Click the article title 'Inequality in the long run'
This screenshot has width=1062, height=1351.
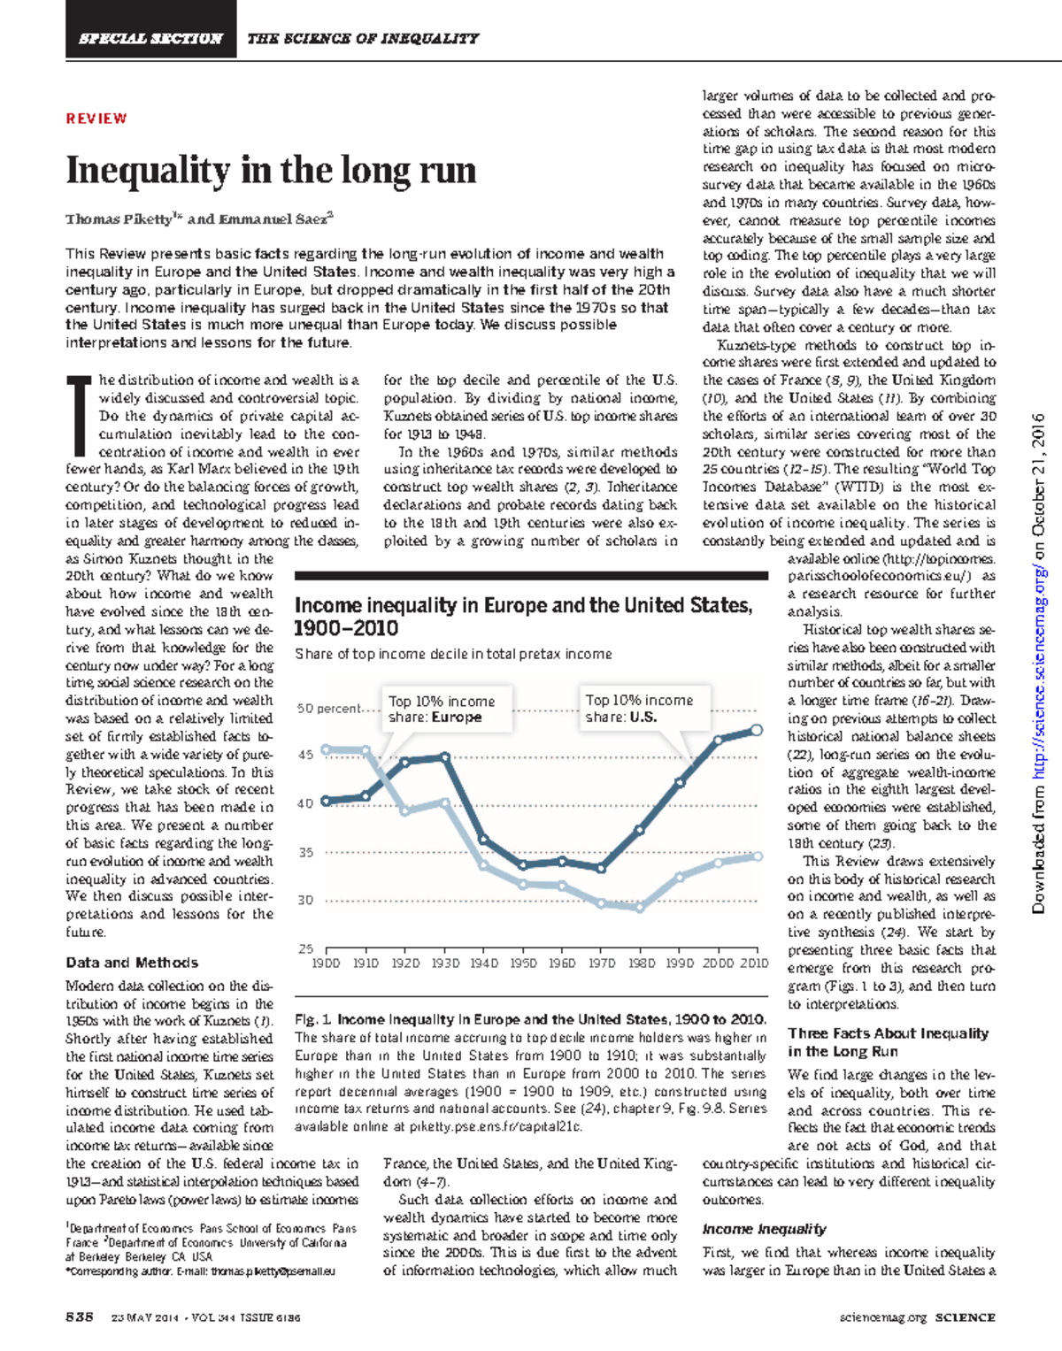271,170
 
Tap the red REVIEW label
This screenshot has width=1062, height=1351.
96,119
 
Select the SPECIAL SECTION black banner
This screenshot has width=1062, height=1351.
150,38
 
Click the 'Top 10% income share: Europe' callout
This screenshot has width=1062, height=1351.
447,709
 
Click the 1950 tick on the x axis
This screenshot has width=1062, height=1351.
523,963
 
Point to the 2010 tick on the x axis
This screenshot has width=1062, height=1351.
754,963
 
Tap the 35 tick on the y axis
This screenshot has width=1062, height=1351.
305,853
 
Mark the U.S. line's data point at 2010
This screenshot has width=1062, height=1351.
757,730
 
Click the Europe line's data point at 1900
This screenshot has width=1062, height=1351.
326,749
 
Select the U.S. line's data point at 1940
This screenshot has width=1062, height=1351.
483,839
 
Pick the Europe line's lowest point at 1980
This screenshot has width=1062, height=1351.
640,908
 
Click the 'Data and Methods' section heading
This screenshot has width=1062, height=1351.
132,963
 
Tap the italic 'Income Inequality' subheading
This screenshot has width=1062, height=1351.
764,1229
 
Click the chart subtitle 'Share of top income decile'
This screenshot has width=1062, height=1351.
453,654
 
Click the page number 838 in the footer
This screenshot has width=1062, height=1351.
80,1316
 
